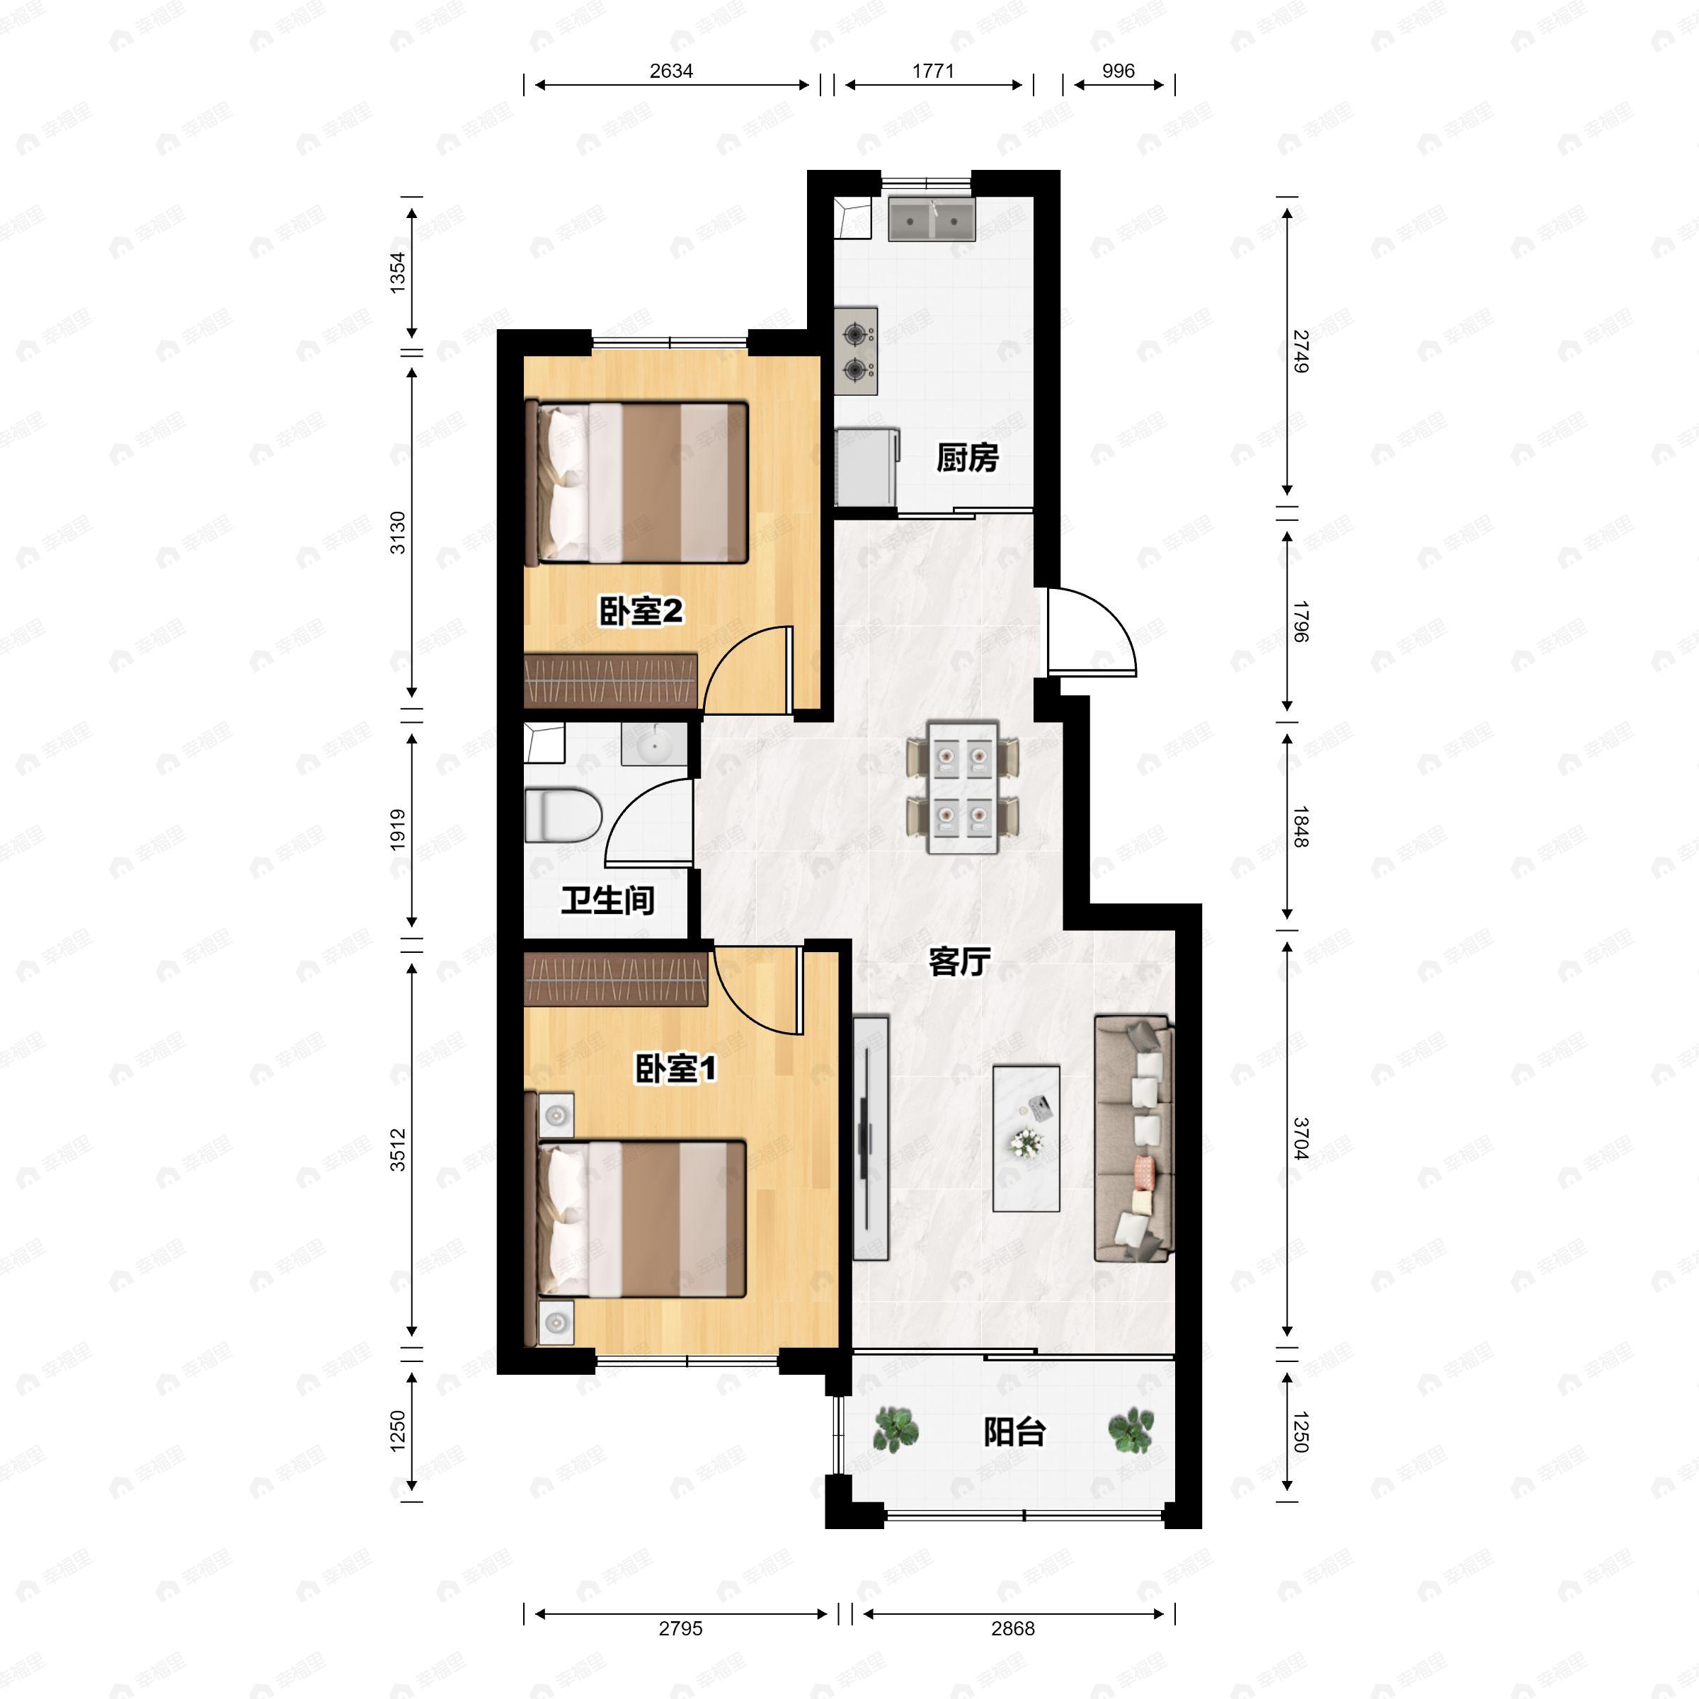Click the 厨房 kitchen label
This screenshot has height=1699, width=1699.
point(966,458)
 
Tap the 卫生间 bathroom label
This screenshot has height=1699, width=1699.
point(607,900)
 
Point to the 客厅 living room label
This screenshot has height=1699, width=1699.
point(959,962)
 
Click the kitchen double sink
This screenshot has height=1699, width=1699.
point(932,219)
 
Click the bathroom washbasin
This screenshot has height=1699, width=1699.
point(653,745)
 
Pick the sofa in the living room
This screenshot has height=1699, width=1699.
point(1133,1139)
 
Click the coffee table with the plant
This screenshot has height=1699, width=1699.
point(1026,1139)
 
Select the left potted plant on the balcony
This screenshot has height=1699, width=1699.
point(896,1429)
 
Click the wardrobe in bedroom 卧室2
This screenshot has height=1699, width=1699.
point(611,680)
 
